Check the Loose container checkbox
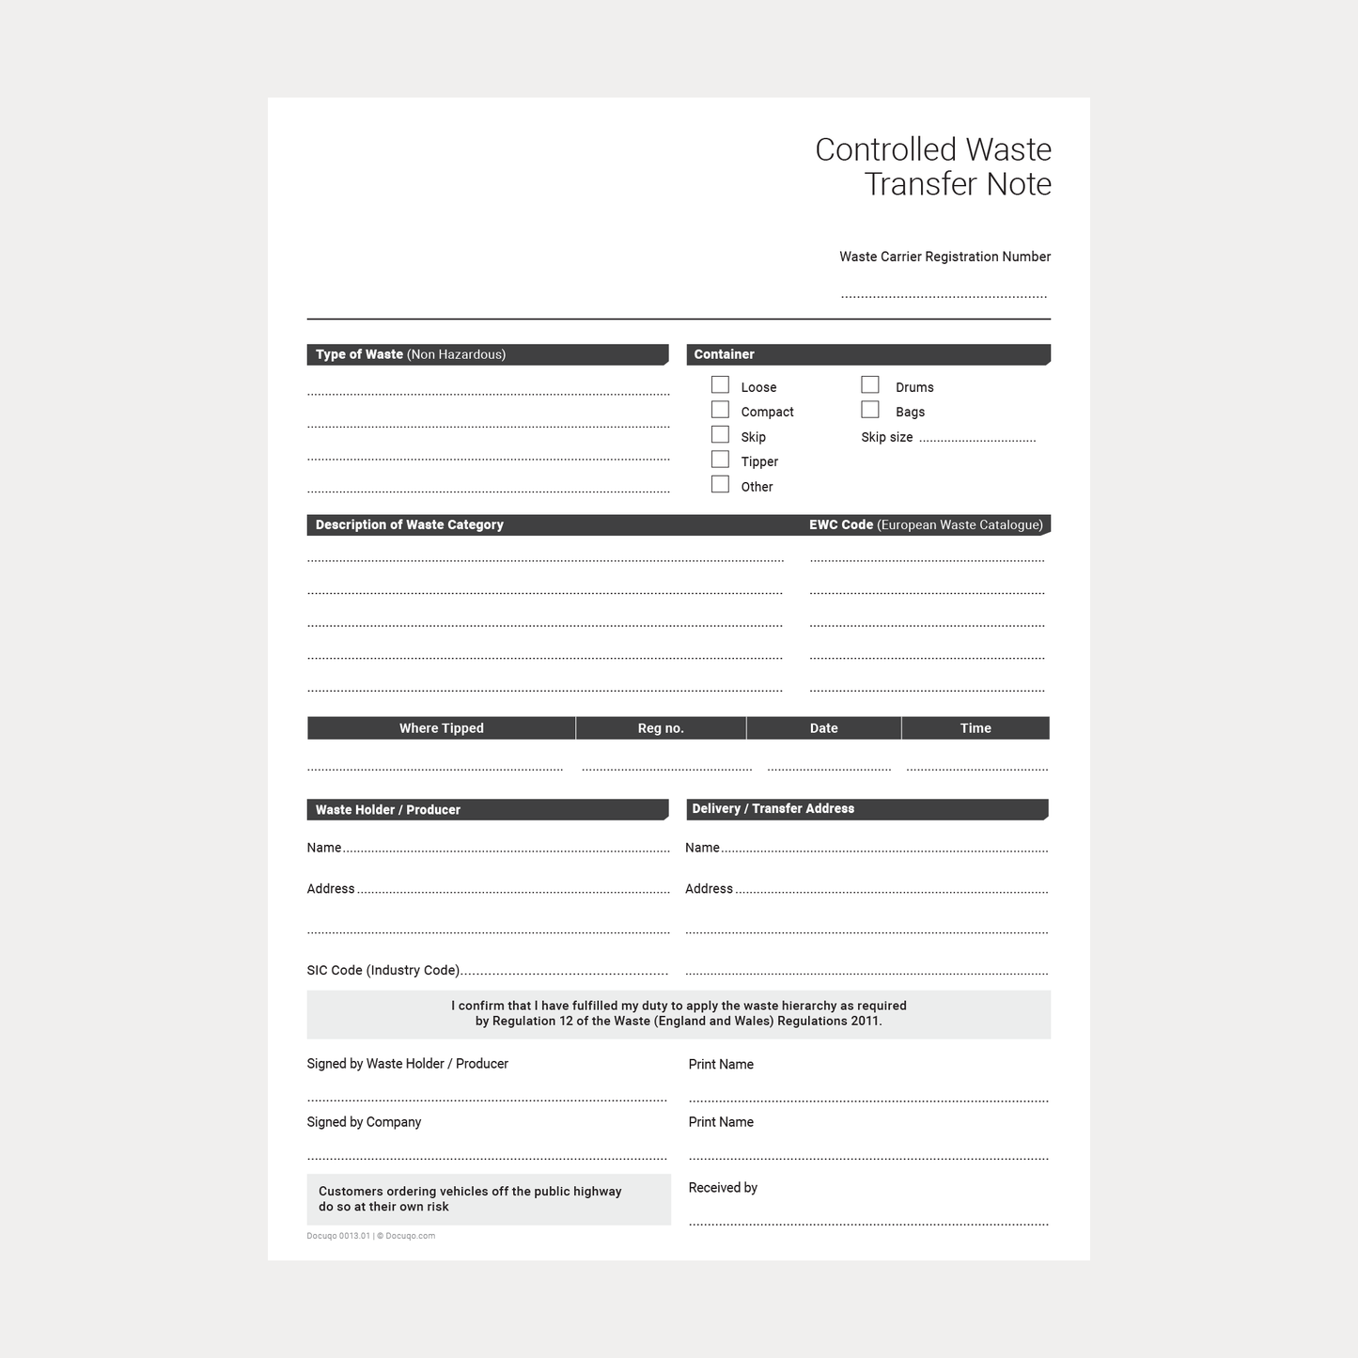[720, 385]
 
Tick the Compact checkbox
[720, 410]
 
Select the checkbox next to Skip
[720, 435]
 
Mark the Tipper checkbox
[720, 460]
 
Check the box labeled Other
[720, 485]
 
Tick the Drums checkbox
[870, 385]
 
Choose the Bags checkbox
[870, 410]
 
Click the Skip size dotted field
[977, 438]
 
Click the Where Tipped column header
[441, 728]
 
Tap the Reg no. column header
[661, 728]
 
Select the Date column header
[823, 728]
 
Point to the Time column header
[976, 728]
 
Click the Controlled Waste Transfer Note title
[932, 166]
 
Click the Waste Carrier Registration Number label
[944, 257]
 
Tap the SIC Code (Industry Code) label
[383, 970]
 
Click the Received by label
[723, 1188]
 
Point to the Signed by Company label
[364, 1122]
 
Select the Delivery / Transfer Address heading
[773, 808]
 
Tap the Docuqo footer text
[370, 1236]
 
